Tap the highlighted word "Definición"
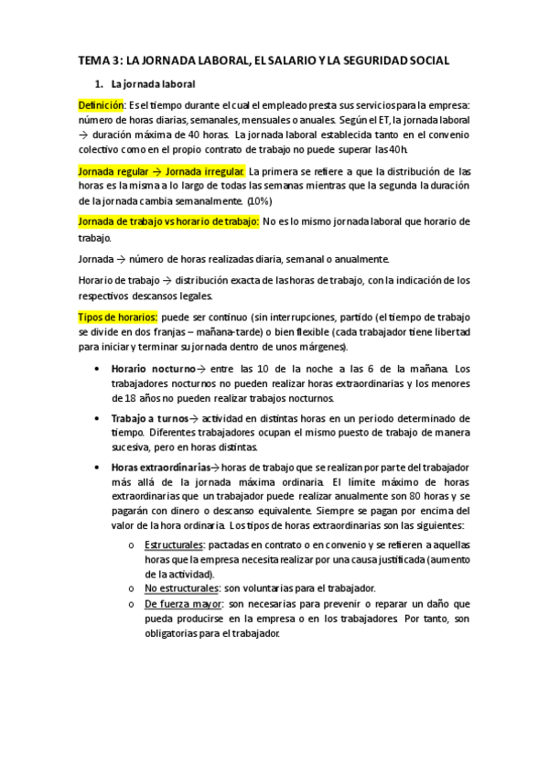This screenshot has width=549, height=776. coord(101,105)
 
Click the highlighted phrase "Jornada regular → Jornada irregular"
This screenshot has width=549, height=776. coord(161,171)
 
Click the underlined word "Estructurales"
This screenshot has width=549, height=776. coord(174,545)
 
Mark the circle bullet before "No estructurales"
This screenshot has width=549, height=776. coord(132,589)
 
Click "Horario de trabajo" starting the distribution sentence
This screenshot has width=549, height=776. coord(121,280)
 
